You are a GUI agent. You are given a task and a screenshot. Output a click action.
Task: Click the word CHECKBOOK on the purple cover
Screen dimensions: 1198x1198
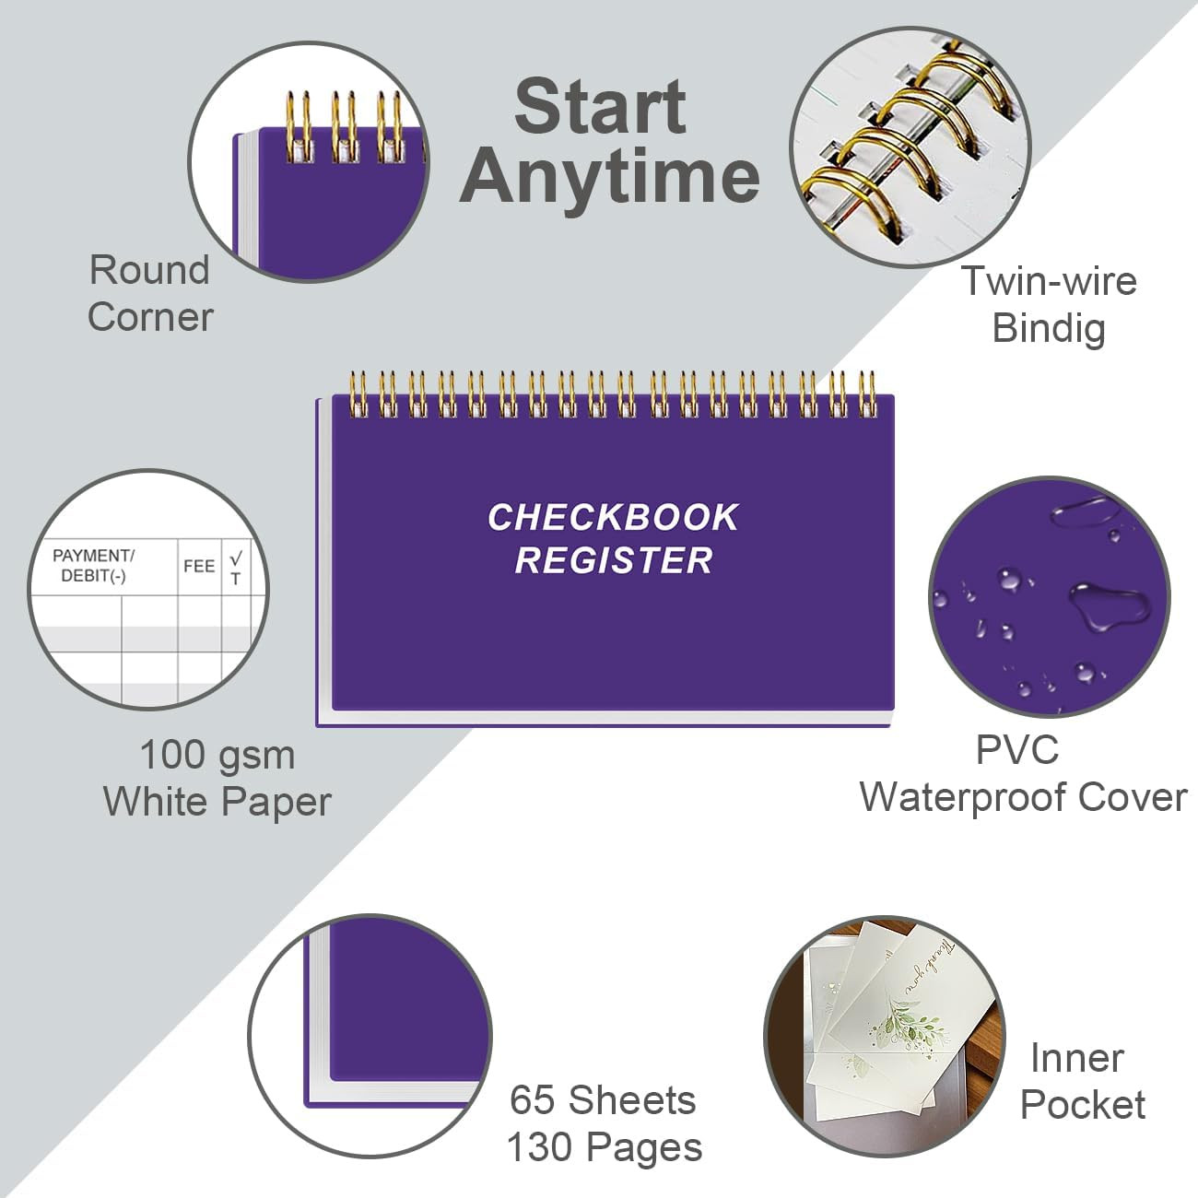(x=613, y=517)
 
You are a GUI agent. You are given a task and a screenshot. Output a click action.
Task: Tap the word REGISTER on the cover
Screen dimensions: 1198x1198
(x=614, y=560)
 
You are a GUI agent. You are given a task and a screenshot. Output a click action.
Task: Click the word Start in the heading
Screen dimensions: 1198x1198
(x=601, y=106)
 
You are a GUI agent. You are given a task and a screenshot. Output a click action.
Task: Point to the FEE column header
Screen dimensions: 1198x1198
(x=199, y=566)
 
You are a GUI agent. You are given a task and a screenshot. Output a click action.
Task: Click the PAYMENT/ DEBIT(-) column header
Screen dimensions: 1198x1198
(x=93, y=566)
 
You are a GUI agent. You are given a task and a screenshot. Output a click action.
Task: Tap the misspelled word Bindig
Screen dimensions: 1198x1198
(x=1049, y=328)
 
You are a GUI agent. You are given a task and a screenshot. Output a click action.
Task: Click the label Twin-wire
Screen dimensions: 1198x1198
(x=1049, y=281)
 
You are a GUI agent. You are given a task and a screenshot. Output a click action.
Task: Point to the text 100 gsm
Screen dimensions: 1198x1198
(x=217, y=756)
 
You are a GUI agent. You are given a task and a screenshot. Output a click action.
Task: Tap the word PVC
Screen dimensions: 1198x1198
(x=1017, y=750)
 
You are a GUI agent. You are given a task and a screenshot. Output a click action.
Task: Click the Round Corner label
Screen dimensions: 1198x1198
(x=150, y=293)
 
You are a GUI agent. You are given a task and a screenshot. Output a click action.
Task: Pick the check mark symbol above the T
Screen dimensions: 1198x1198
(x=236, y=557)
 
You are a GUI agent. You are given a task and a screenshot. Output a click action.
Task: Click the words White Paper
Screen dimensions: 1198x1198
(x=217, y=803)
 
